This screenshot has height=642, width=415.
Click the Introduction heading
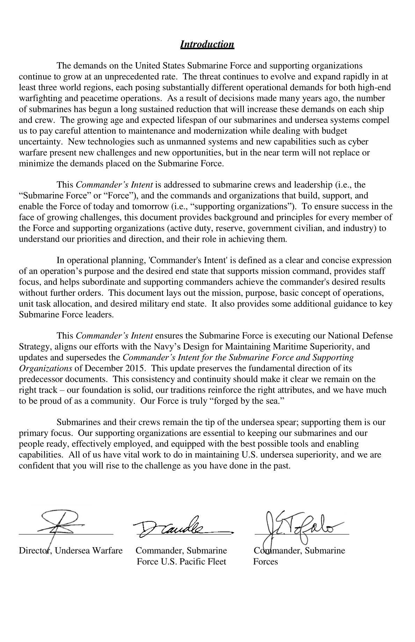(207, 44)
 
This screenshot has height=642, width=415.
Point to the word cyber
(359, 142)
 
